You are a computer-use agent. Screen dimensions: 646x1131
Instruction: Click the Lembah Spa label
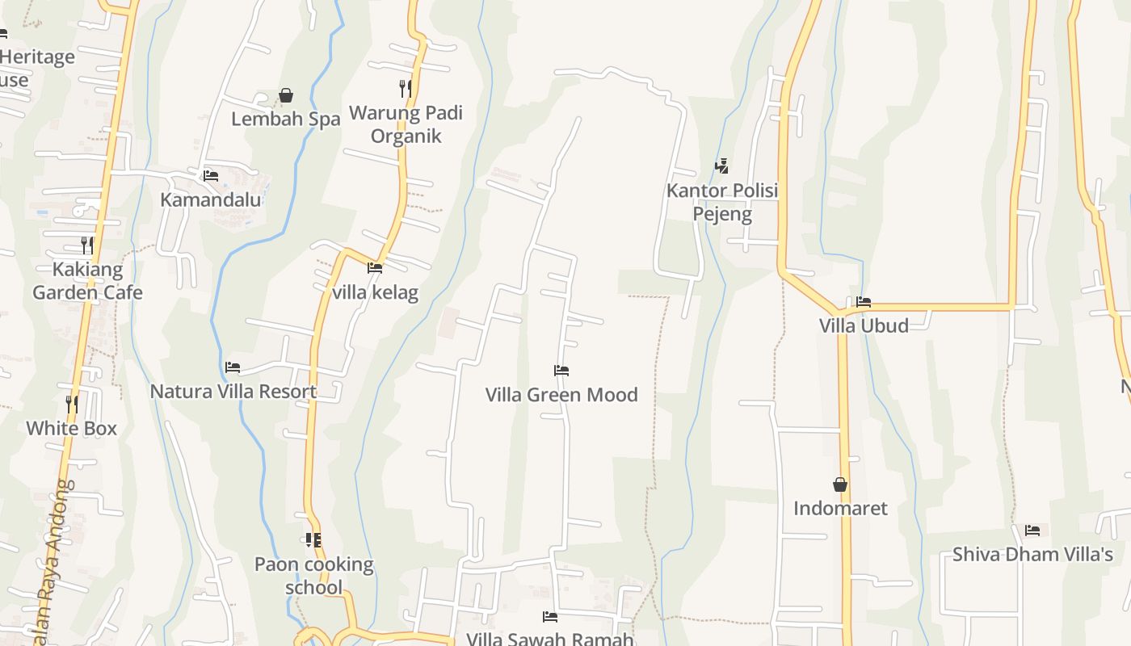(x=285, y=119)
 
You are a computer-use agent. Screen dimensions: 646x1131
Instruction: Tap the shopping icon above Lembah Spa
(x=285, y=95)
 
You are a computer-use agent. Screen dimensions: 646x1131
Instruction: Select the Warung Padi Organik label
(x=406, y=124)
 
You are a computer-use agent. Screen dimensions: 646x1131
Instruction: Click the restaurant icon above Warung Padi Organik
(x=406, y=88)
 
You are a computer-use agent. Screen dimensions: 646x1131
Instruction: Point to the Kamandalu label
(x=211, y=199)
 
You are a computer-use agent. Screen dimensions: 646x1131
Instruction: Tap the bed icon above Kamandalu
(x=211, y=175)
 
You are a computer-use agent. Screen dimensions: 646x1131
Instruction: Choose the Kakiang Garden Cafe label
(x=87, y=280)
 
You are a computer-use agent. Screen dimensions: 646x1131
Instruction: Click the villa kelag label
(x=375, y=292)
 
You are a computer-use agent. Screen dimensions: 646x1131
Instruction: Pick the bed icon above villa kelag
(x=375, y=267)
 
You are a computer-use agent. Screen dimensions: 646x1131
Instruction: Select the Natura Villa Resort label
(x=233, y=392)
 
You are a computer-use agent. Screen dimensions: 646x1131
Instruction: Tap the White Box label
(x=72, y=428)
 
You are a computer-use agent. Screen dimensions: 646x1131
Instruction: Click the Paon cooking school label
(x=314, y=575)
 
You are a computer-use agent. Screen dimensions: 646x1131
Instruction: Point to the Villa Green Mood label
(x=561, y=395)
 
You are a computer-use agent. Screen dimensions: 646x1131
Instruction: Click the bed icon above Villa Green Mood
(x=561, y=371)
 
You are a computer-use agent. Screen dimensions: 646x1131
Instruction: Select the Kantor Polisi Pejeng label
(x=722, y=202)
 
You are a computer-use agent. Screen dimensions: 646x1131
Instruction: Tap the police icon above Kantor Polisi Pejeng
(x=722, y=166)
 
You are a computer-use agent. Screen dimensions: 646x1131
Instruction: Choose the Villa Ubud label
(x=864, y=325)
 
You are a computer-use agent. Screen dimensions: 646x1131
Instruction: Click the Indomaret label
(x=840, y=508)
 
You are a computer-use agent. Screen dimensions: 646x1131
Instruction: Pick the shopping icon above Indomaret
(x=840, y=484)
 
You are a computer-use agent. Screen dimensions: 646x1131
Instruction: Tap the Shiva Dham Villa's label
(x=1032, y=554)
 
